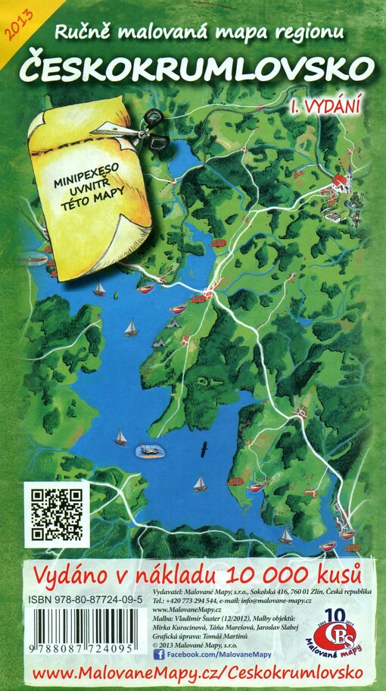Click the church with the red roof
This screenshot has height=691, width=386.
[x=341, y=182]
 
